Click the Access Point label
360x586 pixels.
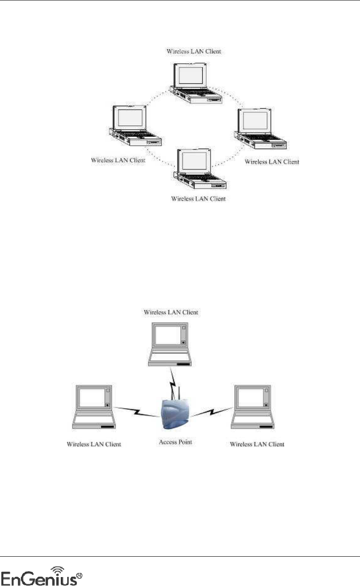(175, 442)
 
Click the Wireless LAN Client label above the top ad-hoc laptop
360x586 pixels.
(194, 51)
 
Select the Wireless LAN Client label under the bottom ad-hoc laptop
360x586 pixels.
(198, 198)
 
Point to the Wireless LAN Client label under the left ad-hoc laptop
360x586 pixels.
(118, 161)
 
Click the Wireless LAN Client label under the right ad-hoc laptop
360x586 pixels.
(272, 162)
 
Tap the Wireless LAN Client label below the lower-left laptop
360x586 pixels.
(94, 444)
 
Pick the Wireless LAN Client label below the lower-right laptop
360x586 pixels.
(257, 444)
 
